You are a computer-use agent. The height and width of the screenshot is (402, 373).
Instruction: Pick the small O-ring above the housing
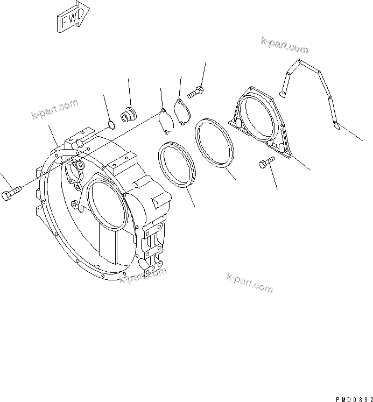point(110,126)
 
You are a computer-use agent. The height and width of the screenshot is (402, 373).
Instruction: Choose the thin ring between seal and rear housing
point(215,144)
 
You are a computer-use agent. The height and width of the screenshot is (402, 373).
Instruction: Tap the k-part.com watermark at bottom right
point(250,283)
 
